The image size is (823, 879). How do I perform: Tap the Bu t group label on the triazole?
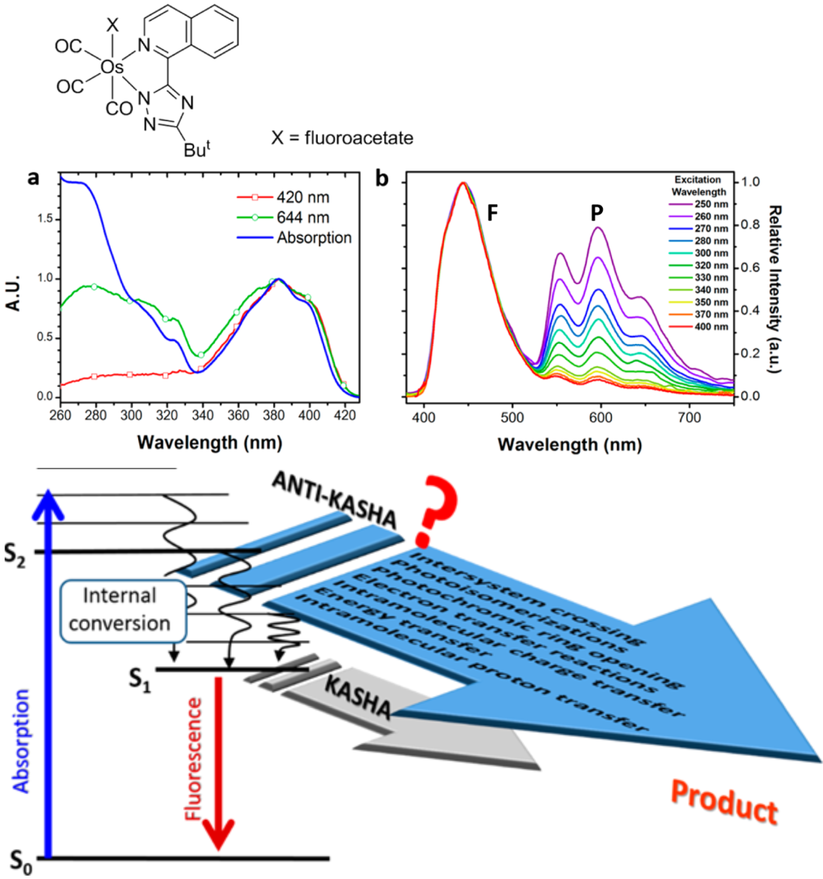[197, 149]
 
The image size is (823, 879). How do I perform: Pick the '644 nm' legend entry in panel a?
[303, 218]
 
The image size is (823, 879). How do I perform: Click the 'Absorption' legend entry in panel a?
[314, 238]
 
